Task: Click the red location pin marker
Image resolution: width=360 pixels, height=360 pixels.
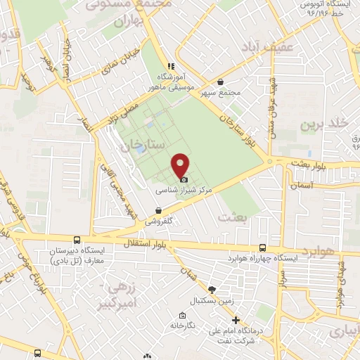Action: [181, 166]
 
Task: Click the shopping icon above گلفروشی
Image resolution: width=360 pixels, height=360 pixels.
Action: [158, 210]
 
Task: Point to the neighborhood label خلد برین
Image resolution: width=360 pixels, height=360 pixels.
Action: [325, 124]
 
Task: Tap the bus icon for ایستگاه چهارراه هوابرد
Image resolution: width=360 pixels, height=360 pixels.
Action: [262, 247]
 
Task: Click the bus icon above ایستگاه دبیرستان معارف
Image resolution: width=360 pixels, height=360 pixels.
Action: [86, 240]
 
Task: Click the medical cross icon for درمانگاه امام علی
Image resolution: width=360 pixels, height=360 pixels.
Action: [236, 321]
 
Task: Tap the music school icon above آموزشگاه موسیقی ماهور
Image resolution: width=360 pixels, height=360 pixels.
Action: [169, 66]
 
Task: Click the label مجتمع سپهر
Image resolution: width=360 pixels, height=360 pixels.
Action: [220, 93]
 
